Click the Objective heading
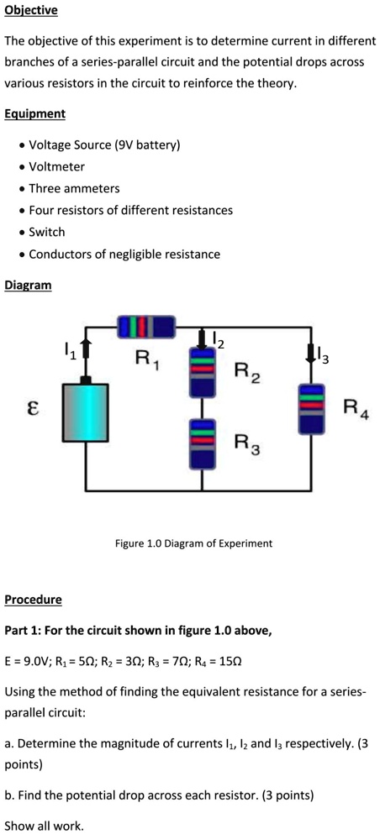31,11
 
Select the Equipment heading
34,113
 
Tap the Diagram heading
28,286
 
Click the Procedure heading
34,600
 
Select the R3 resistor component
202,443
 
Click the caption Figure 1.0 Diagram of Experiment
193,543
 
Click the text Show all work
45,825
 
